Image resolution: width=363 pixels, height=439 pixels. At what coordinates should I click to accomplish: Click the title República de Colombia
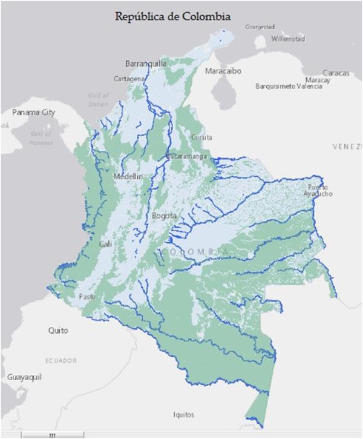173,16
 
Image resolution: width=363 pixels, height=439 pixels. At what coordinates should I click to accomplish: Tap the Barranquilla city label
146,64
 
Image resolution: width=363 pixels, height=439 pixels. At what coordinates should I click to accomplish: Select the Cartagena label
129,79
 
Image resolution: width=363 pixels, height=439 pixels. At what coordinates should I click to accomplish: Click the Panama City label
33,113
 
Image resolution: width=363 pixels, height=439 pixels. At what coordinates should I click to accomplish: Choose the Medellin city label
128,176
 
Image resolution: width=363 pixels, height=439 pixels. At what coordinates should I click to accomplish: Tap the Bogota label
165,216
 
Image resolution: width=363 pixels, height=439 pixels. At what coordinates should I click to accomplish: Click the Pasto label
88,296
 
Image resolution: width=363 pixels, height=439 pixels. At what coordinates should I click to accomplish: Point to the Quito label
58,331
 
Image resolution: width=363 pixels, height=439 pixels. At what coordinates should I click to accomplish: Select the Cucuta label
201,137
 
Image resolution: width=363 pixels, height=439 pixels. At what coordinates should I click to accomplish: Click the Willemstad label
289,39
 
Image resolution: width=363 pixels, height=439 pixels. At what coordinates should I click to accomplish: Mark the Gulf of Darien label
98,99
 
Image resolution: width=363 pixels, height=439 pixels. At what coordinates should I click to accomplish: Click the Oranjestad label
261,27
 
